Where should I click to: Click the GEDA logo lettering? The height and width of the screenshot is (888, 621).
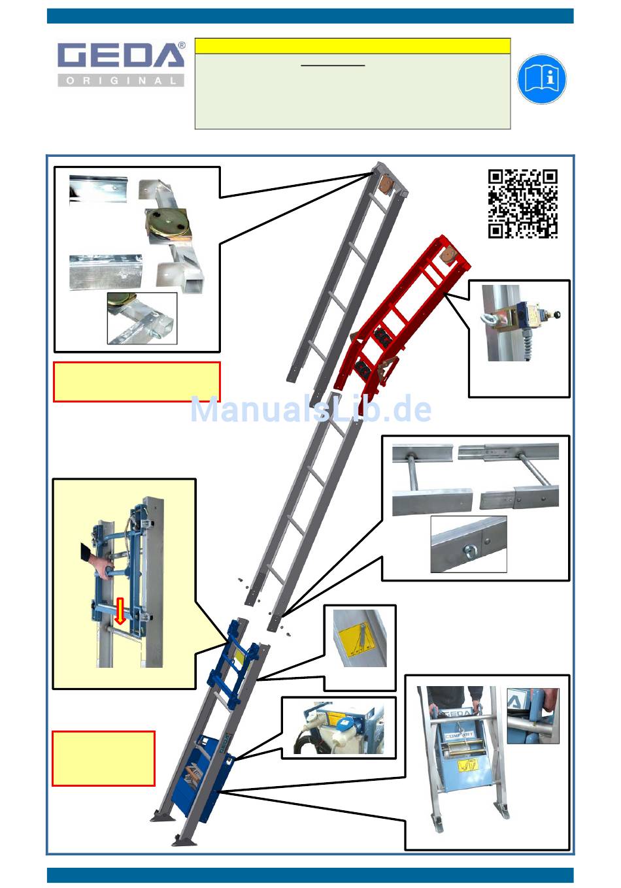point(121,54)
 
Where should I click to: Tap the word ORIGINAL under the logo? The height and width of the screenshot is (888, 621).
point(121,80)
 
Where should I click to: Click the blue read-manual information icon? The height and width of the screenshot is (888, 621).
point(542,79)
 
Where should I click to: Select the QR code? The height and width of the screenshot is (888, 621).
point(523,204)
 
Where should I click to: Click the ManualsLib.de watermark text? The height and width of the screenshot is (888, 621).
point(311,410)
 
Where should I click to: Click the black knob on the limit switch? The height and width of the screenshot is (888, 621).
point(557,314)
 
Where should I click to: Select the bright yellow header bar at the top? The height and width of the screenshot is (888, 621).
point(352,46)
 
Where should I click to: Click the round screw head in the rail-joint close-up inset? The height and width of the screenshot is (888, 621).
point(469,550)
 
